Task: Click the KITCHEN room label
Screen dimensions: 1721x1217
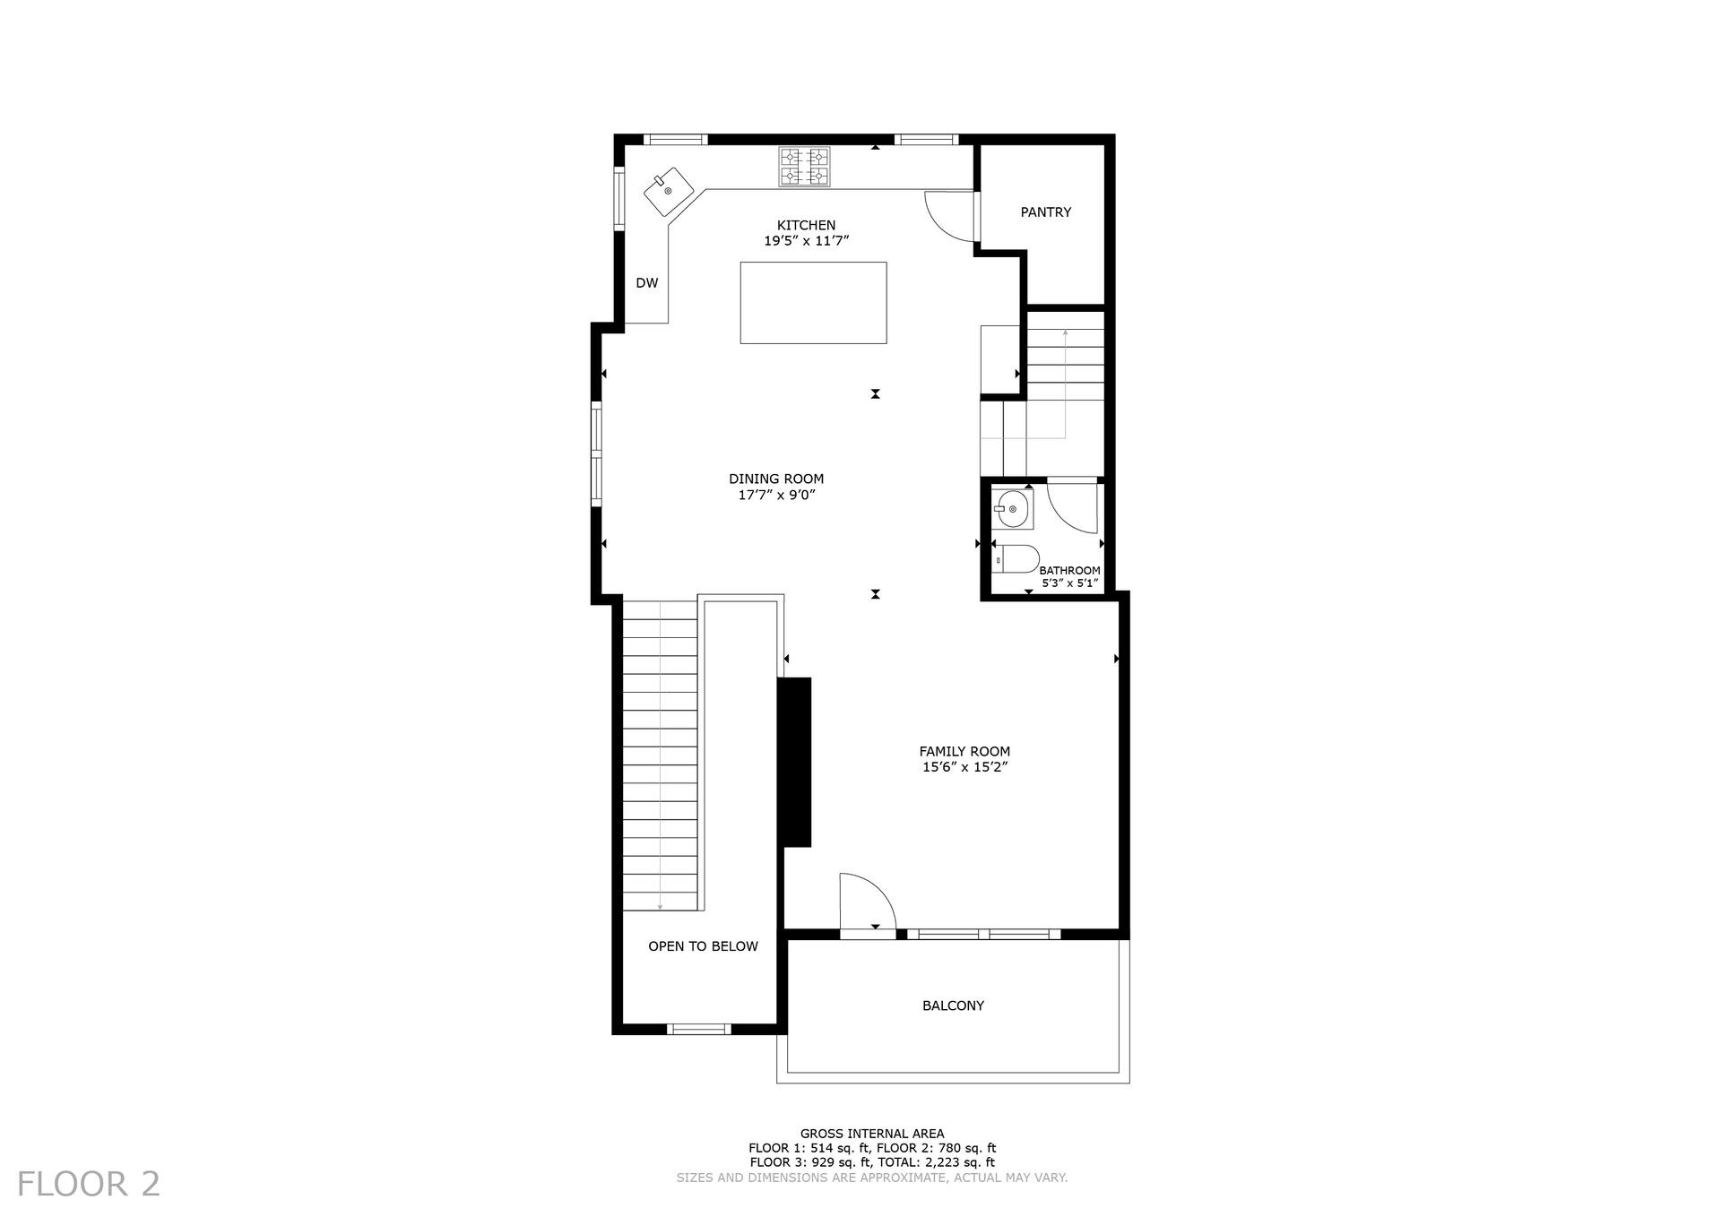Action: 806,225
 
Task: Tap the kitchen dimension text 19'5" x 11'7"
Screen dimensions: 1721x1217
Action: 806,241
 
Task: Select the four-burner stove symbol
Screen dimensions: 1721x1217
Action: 804,167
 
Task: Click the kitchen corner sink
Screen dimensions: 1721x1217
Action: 668,192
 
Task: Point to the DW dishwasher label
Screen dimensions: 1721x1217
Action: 647,283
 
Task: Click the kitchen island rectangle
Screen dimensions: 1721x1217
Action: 813,303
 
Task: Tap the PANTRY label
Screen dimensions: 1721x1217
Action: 1046,212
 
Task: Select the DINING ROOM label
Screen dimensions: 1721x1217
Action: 776,479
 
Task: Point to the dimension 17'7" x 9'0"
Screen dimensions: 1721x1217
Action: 776,495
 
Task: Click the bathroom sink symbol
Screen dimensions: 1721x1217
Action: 1012,509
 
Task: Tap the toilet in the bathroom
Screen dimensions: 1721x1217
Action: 1016,558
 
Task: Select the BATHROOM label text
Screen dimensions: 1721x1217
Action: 1070,571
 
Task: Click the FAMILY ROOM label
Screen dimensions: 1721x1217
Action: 964,752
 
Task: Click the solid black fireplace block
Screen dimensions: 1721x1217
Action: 794,762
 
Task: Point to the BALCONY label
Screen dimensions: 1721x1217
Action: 953,1006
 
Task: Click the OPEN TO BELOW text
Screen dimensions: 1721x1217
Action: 703,946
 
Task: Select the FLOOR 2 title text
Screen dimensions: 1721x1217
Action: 89,1184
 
